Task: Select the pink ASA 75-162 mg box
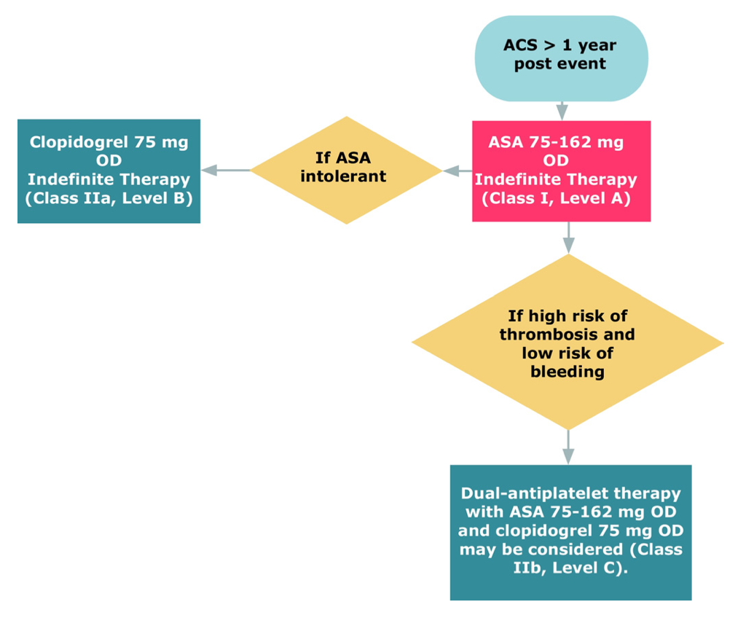point(560,171)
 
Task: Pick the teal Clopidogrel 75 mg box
point(109,171)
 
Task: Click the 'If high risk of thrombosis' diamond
point(568,343)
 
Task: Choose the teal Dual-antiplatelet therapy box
point(570,532)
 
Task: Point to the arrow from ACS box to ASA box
point(562,110)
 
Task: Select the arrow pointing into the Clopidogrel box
point(225,171)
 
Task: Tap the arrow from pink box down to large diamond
point(568,238)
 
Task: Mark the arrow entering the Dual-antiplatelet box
point(568,447)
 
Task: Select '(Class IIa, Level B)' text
point(109,197)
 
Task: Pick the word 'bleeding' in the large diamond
point(568,372)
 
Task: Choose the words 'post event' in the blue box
point(559,64)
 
